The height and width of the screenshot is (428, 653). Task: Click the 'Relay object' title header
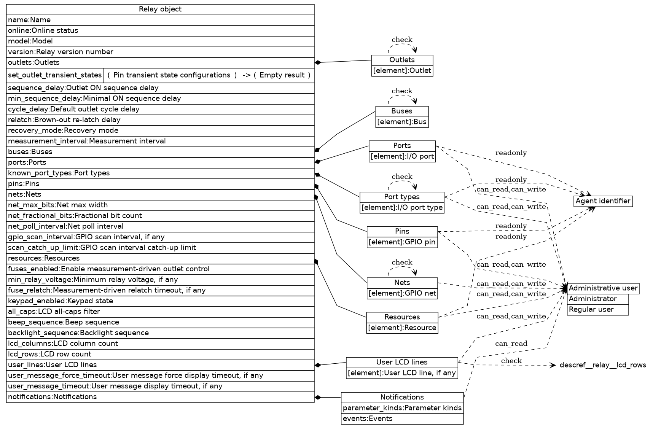(160, 10)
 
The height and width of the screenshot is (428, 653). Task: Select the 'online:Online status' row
(160, 30)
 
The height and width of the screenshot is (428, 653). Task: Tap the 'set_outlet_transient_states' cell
(55, 75)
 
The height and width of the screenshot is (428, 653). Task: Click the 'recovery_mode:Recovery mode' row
(160, 130)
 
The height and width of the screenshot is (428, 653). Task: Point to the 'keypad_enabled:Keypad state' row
(160, 301)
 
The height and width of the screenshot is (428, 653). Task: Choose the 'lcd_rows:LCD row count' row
(160, 354)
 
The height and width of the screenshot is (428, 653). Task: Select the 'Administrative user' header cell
(603, 288)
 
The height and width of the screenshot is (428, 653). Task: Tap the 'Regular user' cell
(597, 310)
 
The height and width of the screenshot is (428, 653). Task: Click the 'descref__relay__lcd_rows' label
(603, 365)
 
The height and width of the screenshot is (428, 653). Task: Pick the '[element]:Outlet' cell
(402, 71)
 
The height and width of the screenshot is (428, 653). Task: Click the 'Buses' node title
(402, 111)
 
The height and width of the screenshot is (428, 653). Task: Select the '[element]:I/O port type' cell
(402, 208)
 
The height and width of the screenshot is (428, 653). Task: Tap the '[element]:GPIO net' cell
(402, 294)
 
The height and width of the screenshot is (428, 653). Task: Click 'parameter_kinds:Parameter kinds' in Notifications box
(402, 408)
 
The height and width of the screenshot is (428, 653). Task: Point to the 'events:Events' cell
(402, 419)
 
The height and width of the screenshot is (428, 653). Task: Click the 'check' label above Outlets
(402, 40)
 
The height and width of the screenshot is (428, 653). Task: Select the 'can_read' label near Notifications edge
(511, 344)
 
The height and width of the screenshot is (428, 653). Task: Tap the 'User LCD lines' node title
(402, 362)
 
